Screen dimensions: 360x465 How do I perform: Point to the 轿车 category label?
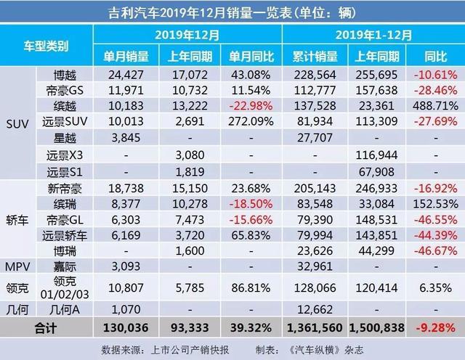pos(19,218)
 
